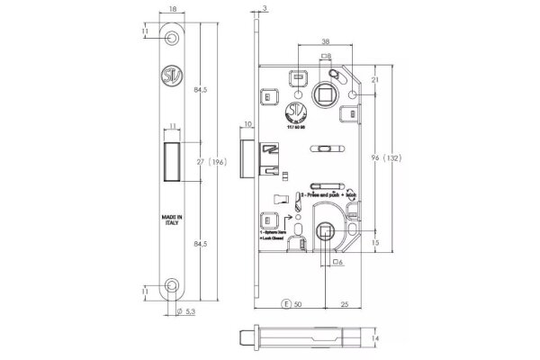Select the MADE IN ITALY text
pyautogui.click(x=173, y=222)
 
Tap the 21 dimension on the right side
pyautogui.click(x=374, y=81)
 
